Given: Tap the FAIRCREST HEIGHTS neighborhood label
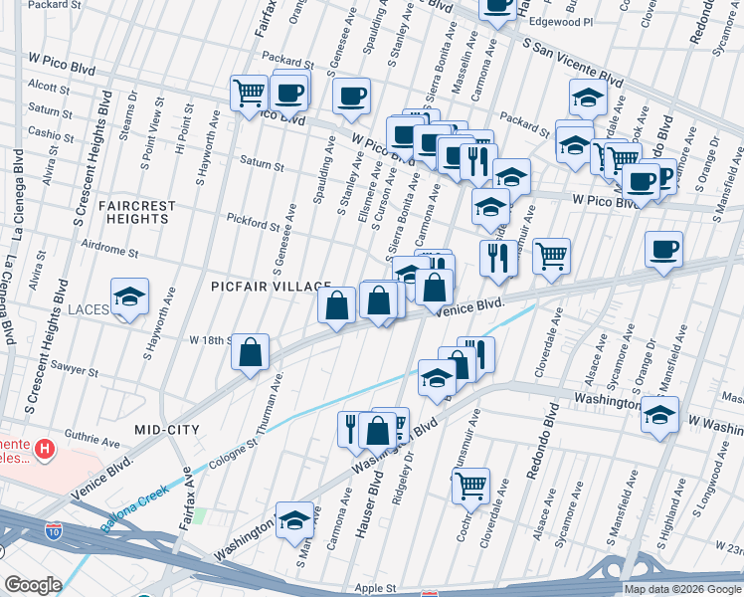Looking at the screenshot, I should [137, 212].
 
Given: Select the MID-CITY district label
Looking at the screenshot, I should [167, 430].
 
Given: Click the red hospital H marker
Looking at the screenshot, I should [44, 451].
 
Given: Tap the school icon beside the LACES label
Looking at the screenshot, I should [129, 298].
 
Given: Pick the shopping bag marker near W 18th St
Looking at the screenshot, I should [252, 352].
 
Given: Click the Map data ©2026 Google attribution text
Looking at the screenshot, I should [681, 589].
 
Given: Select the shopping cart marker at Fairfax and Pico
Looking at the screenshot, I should [250, 94].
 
